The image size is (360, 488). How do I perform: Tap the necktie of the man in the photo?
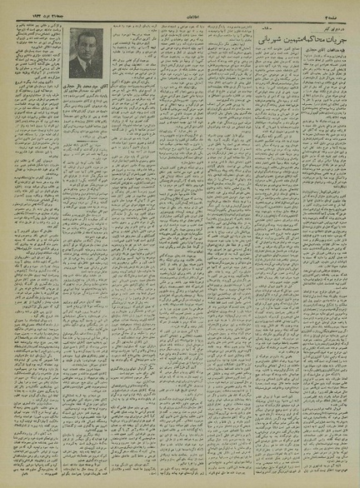click(x=85, y=69)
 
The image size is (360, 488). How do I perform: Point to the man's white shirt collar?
click(x=86, y=63)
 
